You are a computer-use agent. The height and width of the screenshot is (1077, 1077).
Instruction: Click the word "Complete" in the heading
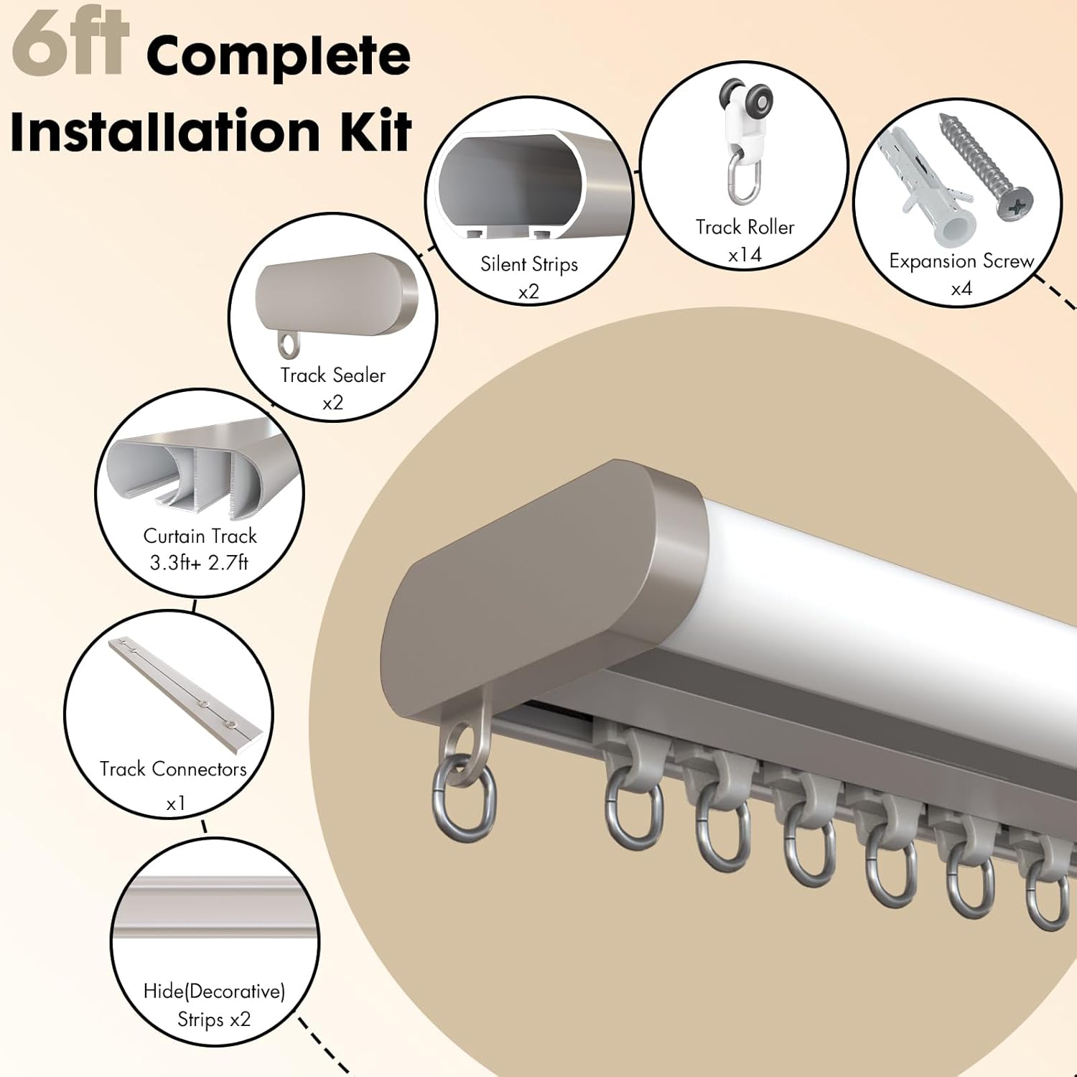(x=278, y=57)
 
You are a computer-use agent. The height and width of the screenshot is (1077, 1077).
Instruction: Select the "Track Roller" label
(x=745, y=227)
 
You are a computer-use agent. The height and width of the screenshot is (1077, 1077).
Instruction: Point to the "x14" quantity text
(x=745, y=254)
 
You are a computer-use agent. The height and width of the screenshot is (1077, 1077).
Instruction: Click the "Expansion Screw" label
(x=961, y=261)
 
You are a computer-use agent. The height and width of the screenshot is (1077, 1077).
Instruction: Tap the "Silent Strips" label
(x=529, y=264)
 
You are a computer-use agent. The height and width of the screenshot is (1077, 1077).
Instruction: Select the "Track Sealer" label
(x=332, y=375)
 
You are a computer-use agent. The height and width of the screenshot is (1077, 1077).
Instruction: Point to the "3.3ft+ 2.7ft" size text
(x=199, y=562)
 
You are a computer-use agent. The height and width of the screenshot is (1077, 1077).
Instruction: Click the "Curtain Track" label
(x=200, y=536)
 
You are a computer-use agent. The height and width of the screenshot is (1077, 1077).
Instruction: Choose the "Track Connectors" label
(x=172, y=769)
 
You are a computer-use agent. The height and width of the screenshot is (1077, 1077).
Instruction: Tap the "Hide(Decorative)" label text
(x=214, y=992)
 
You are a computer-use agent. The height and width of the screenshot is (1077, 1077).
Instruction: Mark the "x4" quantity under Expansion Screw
(x=961, y=289)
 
